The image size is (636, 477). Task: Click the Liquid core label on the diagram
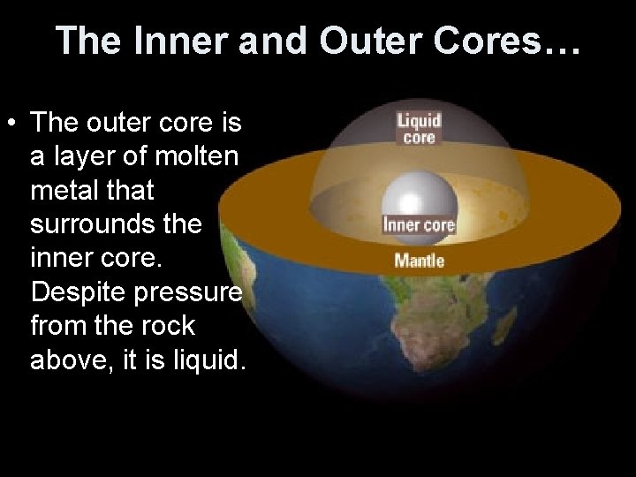pos(419,128)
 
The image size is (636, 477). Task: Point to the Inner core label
pos(419,224)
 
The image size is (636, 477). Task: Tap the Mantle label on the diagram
pos(419,261)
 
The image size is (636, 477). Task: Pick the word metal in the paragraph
pos(64,190)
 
